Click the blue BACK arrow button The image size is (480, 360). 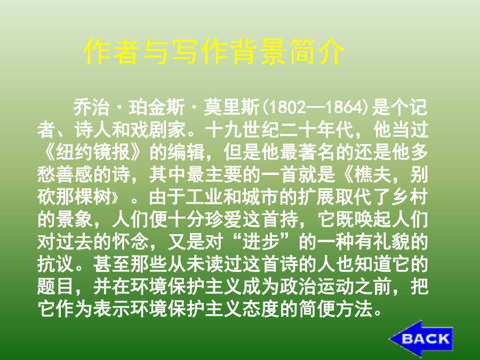[421, 339]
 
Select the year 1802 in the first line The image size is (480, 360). [287, 108]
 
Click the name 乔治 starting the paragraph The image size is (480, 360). [92, 108]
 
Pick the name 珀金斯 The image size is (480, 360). [157, 108]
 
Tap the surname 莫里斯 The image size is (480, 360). [231, 108]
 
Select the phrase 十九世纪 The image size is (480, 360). [242, 130]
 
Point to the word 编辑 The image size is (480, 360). [186, 153]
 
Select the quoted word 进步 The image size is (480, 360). [261, 242]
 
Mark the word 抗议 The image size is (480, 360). [55, 265]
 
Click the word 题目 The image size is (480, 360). [55, 287]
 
